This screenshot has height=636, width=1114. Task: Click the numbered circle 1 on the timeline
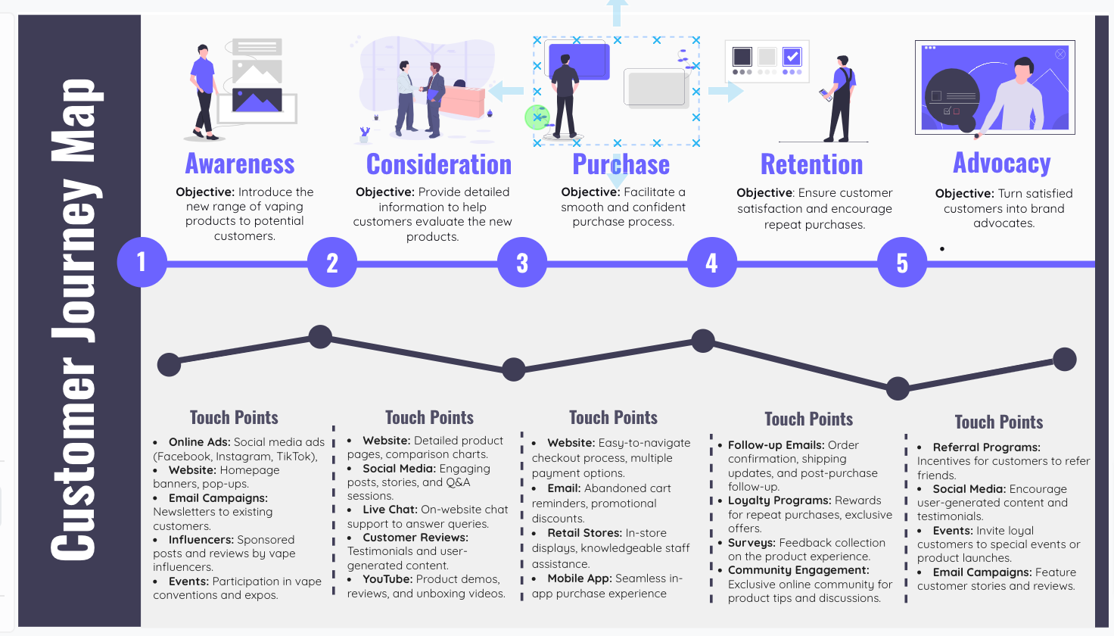(142, 262)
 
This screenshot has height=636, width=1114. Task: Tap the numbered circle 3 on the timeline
(522, 263)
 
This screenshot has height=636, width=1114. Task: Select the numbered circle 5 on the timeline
(901, 263)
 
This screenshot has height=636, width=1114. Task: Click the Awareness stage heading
(240, 164)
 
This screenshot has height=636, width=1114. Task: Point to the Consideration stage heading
(439, 164)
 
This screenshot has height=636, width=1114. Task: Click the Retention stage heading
(811, 164)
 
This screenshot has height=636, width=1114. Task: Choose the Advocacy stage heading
(1002, 164)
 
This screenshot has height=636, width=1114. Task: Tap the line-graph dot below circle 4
(703, 341)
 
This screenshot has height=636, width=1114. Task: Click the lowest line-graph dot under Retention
(898, 388)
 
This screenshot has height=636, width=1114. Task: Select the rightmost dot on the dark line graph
(1065, 359)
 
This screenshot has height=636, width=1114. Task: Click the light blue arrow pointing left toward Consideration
(506, 92)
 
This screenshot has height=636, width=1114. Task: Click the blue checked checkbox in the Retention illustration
(792, 57)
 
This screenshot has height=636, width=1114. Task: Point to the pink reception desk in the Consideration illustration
(462, 101)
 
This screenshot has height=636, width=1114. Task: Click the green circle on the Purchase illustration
(537, 117)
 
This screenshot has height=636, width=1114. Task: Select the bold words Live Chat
(390, 510)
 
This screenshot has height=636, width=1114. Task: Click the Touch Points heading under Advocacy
(998, 422)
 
